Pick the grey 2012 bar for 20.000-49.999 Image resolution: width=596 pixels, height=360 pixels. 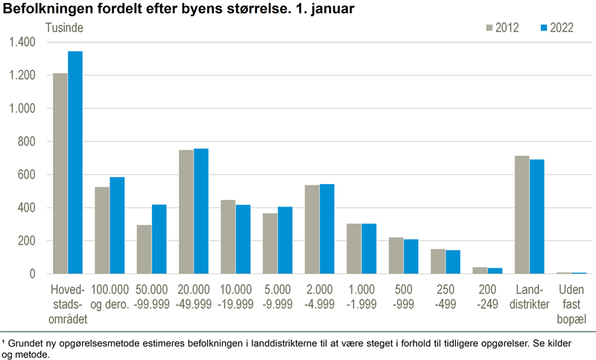(186, 212)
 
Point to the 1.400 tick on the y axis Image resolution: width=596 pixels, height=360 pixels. (22, 42)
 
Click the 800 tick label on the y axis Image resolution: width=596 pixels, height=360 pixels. (27, 142)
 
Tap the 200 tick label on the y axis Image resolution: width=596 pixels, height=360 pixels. (27, 241)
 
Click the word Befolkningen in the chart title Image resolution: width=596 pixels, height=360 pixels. (45, 10)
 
